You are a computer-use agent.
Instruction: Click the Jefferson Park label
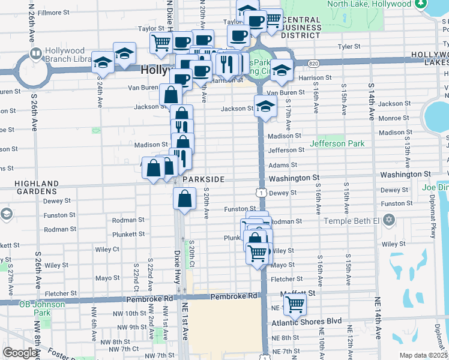(x=337, y=144)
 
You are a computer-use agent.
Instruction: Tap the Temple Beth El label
(x=352, y=221)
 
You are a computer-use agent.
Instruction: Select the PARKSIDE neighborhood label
(x=204, y=179)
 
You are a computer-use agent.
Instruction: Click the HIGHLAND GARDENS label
(x=37, y=187)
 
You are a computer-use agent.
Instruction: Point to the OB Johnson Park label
(x=41, y=308)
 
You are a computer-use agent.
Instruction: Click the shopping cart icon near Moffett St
(x=295, y=304)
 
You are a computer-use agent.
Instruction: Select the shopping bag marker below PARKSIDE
(x=185, y=198)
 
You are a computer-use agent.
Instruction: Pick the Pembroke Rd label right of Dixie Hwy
(x=234, y=296)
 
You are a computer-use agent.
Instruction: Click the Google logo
(x=20, y=353)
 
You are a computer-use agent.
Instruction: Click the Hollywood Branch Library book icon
(x=35, y=55)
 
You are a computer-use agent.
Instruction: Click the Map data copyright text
(x=423, y=355)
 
